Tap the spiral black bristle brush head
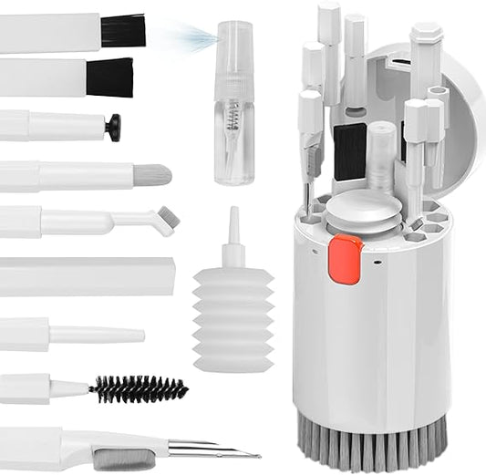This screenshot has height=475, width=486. (139, 389)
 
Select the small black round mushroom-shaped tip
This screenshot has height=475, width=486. (113, 127)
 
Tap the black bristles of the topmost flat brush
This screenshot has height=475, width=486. (122, 30)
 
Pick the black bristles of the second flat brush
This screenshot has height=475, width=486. (109, 77)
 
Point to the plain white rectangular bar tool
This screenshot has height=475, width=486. (87, 276)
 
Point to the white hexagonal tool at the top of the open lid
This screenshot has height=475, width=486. (425, 50)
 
